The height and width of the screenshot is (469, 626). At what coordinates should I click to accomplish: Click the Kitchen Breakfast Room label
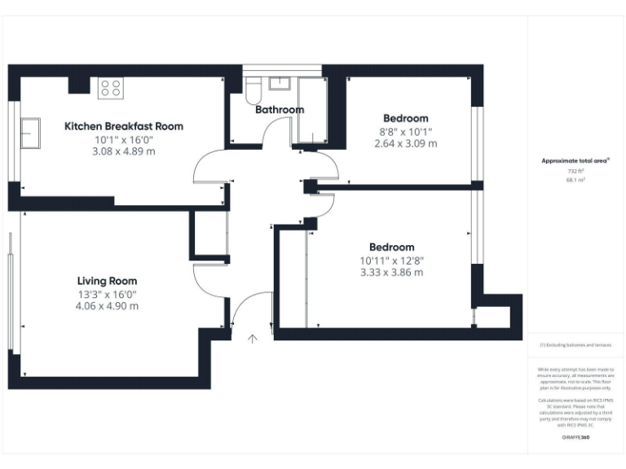click(x=124, y=126)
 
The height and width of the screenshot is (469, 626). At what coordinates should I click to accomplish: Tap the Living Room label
click(x=108, y=281)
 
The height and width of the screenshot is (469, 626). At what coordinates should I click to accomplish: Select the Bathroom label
click(x=280, y=109)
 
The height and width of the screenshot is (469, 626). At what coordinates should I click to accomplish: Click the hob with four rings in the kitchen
click(x=110, y=88)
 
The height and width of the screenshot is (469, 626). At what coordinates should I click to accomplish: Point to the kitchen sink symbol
click(x=30, y=133)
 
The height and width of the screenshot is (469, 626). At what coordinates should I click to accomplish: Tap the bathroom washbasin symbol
click(x=282, y=82)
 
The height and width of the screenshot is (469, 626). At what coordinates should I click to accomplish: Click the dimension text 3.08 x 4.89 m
click(x=124, y=151)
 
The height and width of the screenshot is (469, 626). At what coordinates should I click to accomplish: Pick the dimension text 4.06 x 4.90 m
click(x=108, y=306)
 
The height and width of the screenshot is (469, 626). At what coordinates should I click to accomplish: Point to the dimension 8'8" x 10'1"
click(x=405, y=131)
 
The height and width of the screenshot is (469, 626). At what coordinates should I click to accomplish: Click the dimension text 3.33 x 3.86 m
click(x=392, y=272)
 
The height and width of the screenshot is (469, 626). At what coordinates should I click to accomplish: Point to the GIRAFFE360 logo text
click(x=576, y=438)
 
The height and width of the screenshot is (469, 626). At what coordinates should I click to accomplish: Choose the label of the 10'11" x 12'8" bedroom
click(x=392, y=247)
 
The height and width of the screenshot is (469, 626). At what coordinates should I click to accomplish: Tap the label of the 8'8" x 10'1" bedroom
click(x=405, y=118)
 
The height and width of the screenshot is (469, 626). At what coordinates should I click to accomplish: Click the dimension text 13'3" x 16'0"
click(x=108, y=294)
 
